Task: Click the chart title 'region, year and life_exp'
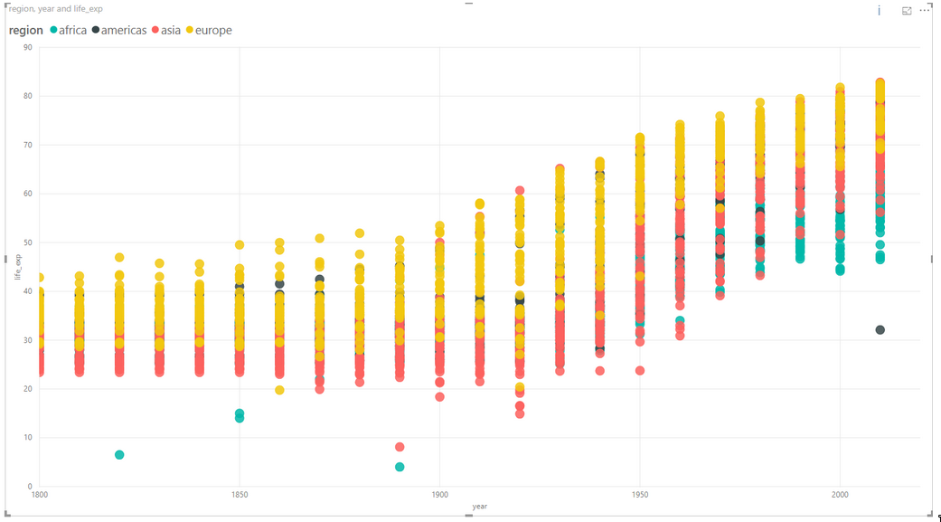pos(56,9)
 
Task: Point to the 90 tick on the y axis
pos(28,47)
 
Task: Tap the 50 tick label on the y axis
pos(28,242)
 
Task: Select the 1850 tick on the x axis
pos(240,496)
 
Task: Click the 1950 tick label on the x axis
pos(640,496)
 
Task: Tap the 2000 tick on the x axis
pos(840,496)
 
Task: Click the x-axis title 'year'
pos(479,507)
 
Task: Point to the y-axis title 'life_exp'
pos(16,267)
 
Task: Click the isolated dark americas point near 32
pos(880,330)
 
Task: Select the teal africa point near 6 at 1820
pos(119,455)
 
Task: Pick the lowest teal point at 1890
pos(400,467)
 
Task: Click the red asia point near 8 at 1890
pos(400,447)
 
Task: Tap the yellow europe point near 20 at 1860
pos(279,390)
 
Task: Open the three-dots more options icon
pos(924,10)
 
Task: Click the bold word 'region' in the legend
pos(25,30)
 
